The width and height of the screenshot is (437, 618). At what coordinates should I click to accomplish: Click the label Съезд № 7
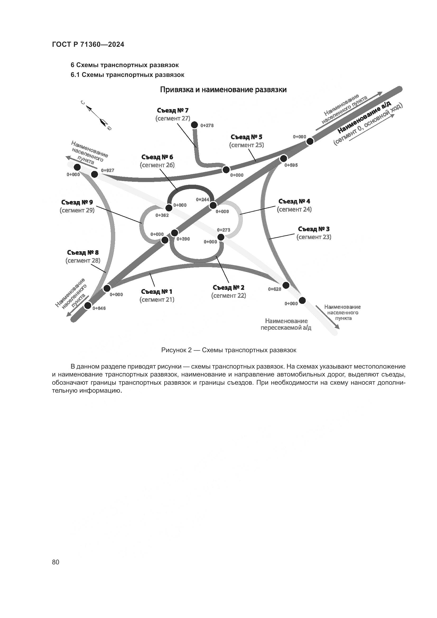[x=173, y=110]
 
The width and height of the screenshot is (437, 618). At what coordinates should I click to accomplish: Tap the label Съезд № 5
[x=246, y=137]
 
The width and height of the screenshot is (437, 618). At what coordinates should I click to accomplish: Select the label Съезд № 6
[x=157, y=157]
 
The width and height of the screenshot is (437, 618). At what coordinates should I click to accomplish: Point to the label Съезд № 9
[x=77, y=202]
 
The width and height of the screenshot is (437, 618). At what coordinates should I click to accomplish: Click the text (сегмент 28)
[x=83, y=261]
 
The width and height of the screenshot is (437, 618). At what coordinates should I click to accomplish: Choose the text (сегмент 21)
[x=157, y=300]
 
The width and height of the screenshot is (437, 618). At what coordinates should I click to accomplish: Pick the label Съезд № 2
[x=229, y=287]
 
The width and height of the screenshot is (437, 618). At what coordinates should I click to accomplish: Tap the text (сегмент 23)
[x=314, y=237]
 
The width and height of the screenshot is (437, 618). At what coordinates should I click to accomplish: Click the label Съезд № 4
[x=294, y=201]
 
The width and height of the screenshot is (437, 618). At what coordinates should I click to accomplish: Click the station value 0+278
[x=207, y=126]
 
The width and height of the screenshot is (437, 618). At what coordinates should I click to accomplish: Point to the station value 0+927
[x=108, y=170]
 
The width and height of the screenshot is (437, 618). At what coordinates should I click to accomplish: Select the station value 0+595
[x=291, y=165]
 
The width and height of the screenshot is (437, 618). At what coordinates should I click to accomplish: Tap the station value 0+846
[x=99, y=308]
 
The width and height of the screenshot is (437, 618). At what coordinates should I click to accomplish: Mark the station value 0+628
[x=275, y=289]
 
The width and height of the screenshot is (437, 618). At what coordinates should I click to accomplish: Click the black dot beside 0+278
[x=194, y=125]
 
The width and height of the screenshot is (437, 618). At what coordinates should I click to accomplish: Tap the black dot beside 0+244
[x=213, y=205]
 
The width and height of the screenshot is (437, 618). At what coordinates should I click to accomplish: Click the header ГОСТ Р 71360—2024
[x=88, y=45]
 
